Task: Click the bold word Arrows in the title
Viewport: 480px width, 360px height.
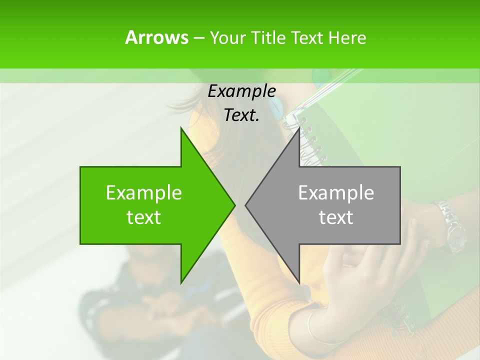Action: click(x=156, y=37)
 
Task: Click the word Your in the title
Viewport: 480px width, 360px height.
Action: click(x=227, y=38)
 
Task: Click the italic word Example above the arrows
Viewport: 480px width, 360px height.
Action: click(x=241, y=91)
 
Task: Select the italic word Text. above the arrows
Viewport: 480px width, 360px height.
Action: click(x=241, y=115)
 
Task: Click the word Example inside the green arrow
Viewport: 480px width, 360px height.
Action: click(x=144, y=192)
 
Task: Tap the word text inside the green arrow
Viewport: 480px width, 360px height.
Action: click(x=144, y=217)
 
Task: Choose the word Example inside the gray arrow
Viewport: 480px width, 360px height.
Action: click(x=336, y=192)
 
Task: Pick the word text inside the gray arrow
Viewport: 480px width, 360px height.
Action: click(x=336, y=217)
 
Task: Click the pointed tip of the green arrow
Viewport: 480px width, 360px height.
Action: click(x=234, y=205)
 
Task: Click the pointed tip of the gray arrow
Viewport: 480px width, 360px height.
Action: click(x=246, y=205)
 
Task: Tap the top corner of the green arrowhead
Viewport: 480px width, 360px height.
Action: click(x=181, y=128)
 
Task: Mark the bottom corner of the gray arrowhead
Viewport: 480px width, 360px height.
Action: click(x=299, y=282)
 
